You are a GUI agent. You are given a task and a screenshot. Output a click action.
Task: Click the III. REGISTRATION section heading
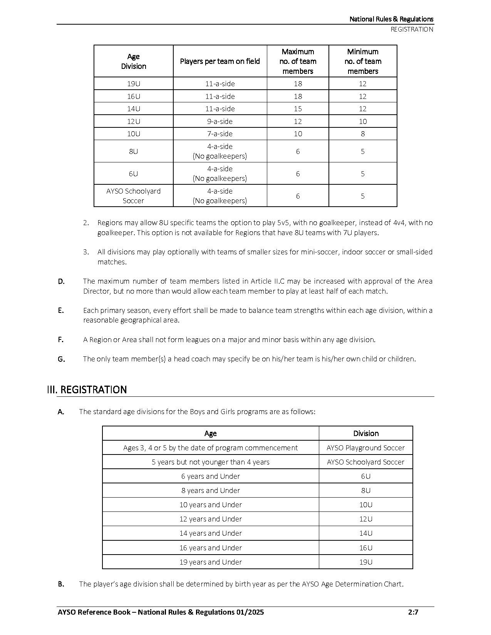coord(87,389)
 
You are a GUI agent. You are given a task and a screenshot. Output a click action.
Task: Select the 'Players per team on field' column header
coord(220,61)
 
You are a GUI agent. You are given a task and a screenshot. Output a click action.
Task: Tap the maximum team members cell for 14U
coord(298,109)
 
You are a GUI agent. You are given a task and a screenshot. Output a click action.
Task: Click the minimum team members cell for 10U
coord(362,134)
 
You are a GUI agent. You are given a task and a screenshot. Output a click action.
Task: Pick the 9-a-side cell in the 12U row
coord(220,121)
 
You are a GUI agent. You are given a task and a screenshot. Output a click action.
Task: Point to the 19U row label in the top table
coord(133,84)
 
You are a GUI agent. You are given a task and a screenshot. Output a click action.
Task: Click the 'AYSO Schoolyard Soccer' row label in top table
coord(133,196)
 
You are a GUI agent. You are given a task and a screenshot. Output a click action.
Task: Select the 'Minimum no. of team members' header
coord(362,61)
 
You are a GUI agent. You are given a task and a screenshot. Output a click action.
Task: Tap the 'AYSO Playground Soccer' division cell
coord(365,448)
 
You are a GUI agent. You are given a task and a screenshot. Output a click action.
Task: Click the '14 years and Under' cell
coord(211,533)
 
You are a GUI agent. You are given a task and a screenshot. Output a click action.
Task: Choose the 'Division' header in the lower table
coord(365,433)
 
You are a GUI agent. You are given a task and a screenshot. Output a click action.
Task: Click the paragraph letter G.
coord(61,359)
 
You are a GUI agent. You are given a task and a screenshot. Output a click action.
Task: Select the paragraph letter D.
coord(61,281)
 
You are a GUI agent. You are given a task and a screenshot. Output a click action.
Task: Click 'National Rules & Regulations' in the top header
coord(391,19)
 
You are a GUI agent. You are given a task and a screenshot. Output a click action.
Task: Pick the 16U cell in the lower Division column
coord(365,548)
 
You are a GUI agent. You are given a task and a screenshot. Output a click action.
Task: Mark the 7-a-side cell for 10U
coord(220,134)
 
